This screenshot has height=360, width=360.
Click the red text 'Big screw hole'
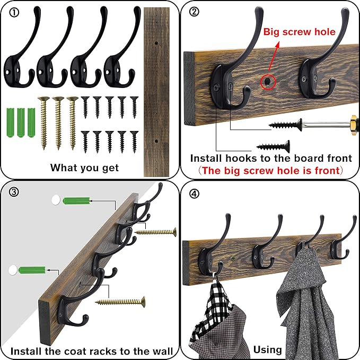click(299, 32)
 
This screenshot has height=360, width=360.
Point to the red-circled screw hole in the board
click(268, 81)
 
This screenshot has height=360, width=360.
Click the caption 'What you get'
click(84, 168)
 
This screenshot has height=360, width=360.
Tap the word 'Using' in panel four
click(268, 349)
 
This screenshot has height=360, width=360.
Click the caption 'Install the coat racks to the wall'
click(91, 350)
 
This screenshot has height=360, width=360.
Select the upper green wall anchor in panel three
click(76, 200)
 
